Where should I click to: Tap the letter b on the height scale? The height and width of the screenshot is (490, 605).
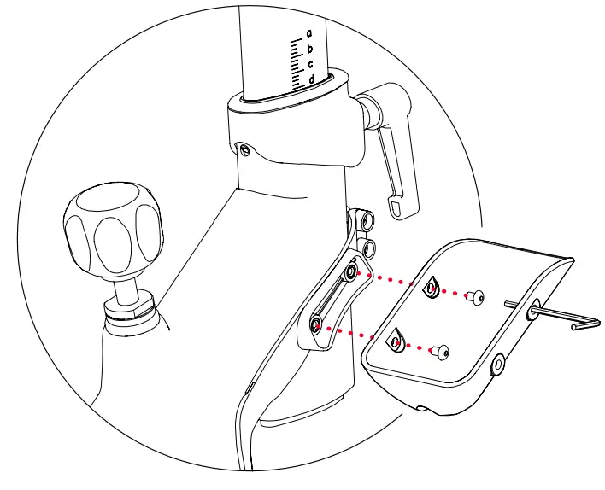click(x=310, y=49)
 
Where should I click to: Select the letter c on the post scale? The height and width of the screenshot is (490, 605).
click(x=310, y=64)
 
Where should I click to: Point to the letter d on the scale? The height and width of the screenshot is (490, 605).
click(x=311, y=79)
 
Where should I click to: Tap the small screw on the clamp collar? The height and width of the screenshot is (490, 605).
click(x=246, y=150)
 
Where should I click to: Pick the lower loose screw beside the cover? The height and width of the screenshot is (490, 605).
click(x=440, y=348)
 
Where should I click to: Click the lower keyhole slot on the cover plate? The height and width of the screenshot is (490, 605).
click(x=395, y=341)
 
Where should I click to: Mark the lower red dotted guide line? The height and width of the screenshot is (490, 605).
click(x=359, y=332)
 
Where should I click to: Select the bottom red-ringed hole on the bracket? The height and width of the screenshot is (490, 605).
click(x=317, y=324)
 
